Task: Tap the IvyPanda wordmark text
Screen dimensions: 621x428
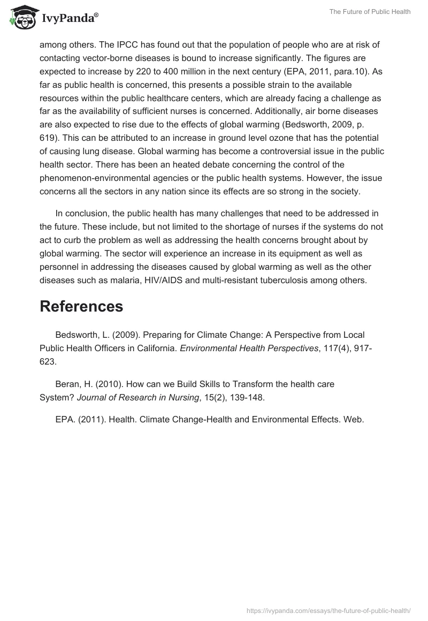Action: click(70, 18)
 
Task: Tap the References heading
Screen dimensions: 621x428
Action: click(81, 307)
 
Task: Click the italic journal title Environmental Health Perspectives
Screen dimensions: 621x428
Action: click(241, 349)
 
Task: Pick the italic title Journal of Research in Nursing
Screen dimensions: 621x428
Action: click(137, 398)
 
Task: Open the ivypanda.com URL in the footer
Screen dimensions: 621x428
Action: click(328, 610)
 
